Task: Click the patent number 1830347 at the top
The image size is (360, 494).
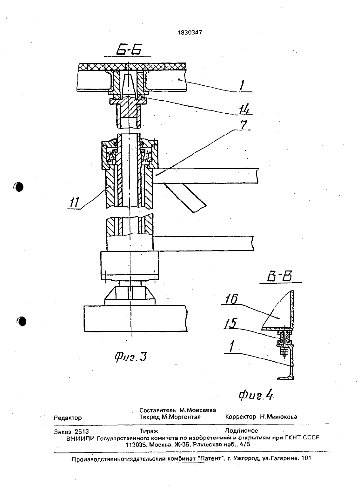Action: click(x=190, y=33)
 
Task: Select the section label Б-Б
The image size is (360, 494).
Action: click(x=129, y=50)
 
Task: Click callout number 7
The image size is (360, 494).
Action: click(x=243, y=124)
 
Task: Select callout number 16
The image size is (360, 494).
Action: click(x=231, y=299)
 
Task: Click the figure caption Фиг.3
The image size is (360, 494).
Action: click(x=130, y=357)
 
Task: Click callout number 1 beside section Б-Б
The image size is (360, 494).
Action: click(x=242, y=85)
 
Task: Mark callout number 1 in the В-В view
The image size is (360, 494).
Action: click(x=231, y=346)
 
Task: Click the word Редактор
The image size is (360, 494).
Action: click(x=68, y=418)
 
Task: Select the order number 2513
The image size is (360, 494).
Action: click(x=82, y=431)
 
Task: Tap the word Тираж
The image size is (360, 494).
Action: click(x=149, y=431)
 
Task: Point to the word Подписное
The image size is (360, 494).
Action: click(x=241, y=431)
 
